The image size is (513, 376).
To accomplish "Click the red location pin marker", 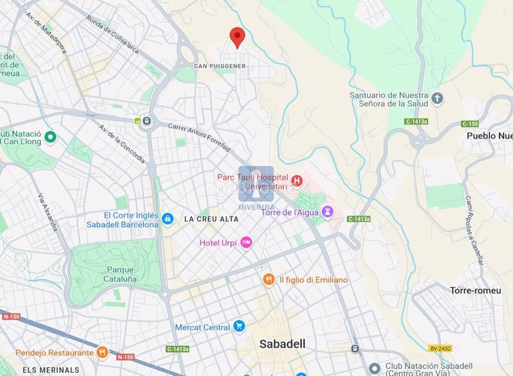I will click(x=237, y=37).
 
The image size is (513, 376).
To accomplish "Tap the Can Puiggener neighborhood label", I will click(x=221, y=66).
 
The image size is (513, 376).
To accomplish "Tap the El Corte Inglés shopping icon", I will click(x=167, y=219).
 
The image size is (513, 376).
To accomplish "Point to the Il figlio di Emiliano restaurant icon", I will click(x=269, y=280).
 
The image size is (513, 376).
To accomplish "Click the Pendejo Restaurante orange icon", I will click(x=102, y=352).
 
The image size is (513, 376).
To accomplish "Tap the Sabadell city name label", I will click(x=282, y=344).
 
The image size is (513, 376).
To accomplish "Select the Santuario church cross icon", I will click(x=437, y=98).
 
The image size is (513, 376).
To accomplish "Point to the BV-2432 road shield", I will click(x=441, y=348).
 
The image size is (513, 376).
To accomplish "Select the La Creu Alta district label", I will click(x=211, y=219).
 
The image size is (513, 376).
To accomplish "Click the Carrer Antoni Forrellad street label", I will click(x=199, y=137).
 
